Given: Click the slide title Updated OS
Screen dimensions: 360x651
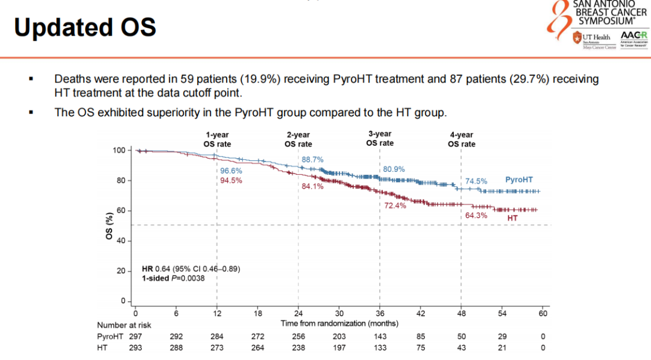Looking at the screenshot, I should (x=85, y=28).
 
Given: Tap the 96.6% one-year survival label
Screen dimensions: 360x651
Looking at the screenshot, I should (x=231, y=171).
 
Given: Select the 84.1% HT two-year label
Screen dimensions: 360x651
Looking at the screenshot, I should (x=312, y=186).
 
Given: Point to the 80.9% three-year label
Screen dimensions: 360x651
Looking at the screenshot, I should (x=394, y=169).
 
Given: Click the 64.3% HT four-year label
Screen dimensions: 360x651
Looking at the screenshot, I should (x=476, y=215).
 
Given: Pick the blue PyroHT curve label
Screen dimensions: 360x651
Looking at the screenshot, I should (x=518, y=180).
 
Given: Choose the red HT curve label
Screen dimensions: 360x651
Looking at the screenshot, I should (x=512, y=217).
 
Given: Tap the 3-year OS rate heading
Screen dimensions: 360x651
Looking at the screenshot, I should (x=380, y=138).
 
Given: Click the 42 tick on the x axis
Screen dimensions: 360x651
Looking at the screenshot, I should (x=421, y=313).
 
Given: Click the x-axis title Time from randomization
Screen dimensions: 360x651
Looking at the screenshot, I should (x=339, y=323).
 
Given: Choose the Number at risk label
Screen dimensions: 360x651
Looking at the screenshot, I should (x=124, y=325).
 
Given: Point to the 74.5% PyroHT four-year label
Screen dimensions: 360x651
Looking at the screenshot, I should (x=476, y=181).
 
